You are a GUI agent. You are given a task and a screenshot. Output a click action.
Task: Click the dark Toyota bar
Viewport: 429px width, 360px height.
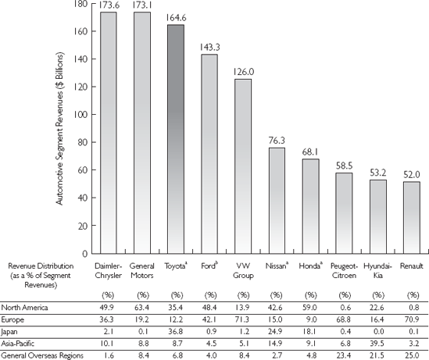[176, 139]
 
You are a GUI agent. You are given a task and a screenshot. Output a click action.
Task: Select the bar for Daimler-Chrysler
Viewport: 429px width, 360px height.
[109, 133]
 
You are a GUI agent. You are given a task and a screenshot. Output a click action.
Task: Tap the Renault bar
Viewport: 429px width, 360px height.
[412, 218]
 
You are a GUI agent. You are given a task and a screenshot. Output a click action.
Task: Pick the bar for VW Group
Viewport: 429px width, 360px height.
[243, 166]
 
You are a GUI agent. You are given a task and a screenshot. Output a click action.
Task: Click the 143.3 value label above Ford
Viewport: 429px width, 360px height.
[209, 48]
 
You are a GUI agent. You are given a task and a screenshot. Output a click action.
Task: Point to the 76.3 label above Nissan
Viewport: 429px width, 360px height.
[277, 141]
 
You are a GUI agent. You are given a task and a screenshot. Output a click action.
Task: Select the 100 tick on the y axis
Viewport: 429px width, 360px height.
[80, 115]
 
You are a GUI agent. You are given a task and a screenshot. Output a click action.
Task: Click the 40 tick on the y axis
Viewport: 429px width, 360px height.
[82, 198]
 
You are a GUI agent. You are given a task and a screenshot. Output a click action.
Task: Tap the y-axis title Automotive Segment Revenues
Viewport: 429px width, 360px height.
[59, 128]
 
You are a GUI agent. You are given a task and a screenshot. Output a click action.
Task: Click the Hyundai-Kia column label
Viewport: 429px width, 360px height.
[377, 271]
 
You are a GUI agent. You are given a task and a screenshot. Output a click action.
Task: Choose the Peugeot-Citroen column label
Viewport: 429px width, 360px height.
[344, 271]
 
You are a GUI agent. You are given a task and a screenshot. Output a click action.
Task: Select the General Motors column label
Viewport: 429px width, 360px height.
[141, 271]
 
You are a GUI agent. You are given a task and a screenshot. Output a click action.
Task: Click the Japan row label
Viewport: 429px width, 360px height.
[9, 332]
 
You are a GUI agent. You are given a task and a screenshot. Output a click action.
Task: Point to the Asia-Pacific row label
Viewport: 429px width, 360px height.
[18, 344]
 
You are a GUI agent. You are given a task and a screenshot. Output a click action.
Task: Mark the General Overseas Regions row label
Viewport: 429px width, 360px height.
[42, 355]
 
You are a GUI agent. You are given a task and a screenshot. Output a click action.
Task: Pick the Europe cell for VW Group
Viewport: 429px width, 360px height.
[244, 319]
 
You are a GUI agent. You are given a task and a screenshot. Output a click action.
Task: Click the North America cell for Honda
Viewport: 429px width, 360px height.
[310, 308]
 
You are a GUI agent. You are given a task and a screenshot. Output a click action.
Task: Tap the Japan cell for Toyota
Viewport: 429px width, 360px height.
[177, 332]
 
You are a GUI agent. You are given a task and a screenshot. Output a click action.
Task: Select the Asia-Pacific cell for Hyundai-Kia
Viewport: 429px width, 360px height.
[377, 344]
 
